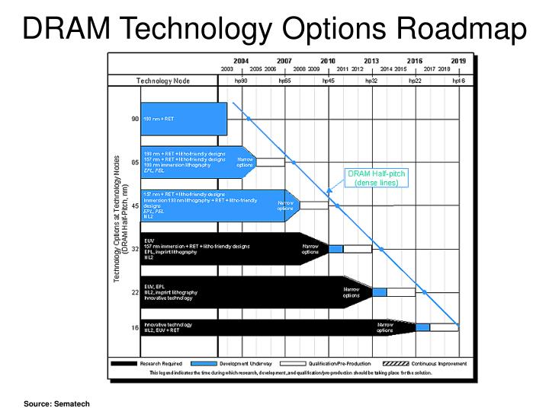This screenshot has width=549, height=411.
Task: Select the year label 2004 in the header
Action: (x=241, y=60)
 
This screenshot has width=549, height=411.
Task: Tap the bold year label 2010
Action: (x=328, y=60)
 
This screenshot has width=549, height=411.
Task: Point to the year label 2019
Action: (x=458, y=60)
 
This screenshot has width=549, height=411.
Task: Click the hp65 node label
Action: (x=285, y=80)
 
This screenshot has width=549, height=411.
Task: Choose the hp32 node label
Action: (x=371, y=80)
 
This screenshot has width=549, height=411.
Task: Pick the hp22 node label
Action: (x=415, y=80)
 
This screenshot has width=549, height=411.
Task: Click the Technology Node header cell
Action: (x=163, y=80)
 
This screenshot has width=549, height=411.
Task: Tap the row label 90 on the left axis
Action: (x=134, y=119)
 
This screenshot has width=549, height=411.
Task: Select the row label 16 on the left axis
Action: (x=134, y=327)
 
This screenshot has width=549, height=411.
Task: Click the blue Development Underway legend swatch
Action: (x=204, y=364)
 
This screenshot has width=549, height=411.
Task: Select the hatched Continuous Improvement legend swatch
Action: (x=396, y=364)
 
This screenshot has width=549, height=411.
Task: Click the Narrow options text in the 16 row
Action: (x=385, y=327)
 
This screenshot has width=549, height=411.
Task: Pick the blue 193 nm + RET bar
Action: (x=184, y=119)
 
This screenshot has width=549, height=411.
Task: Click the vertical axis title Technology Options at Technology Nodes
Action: (x=117, y=225)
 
